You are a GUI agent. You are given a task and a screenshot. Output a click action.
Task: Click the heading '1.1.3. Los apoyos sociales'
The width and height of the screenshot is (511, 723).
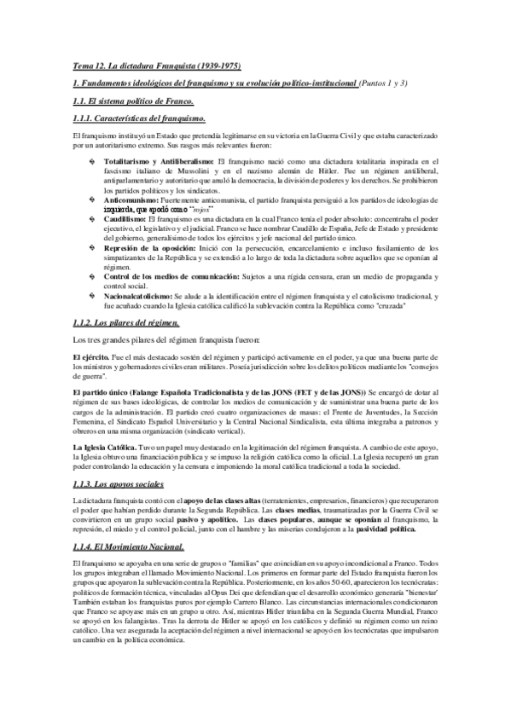point(119,482)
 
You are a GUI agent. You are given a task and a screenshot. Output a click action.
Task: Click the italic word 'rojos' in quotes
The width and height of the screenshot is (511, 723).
point(202,208)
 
